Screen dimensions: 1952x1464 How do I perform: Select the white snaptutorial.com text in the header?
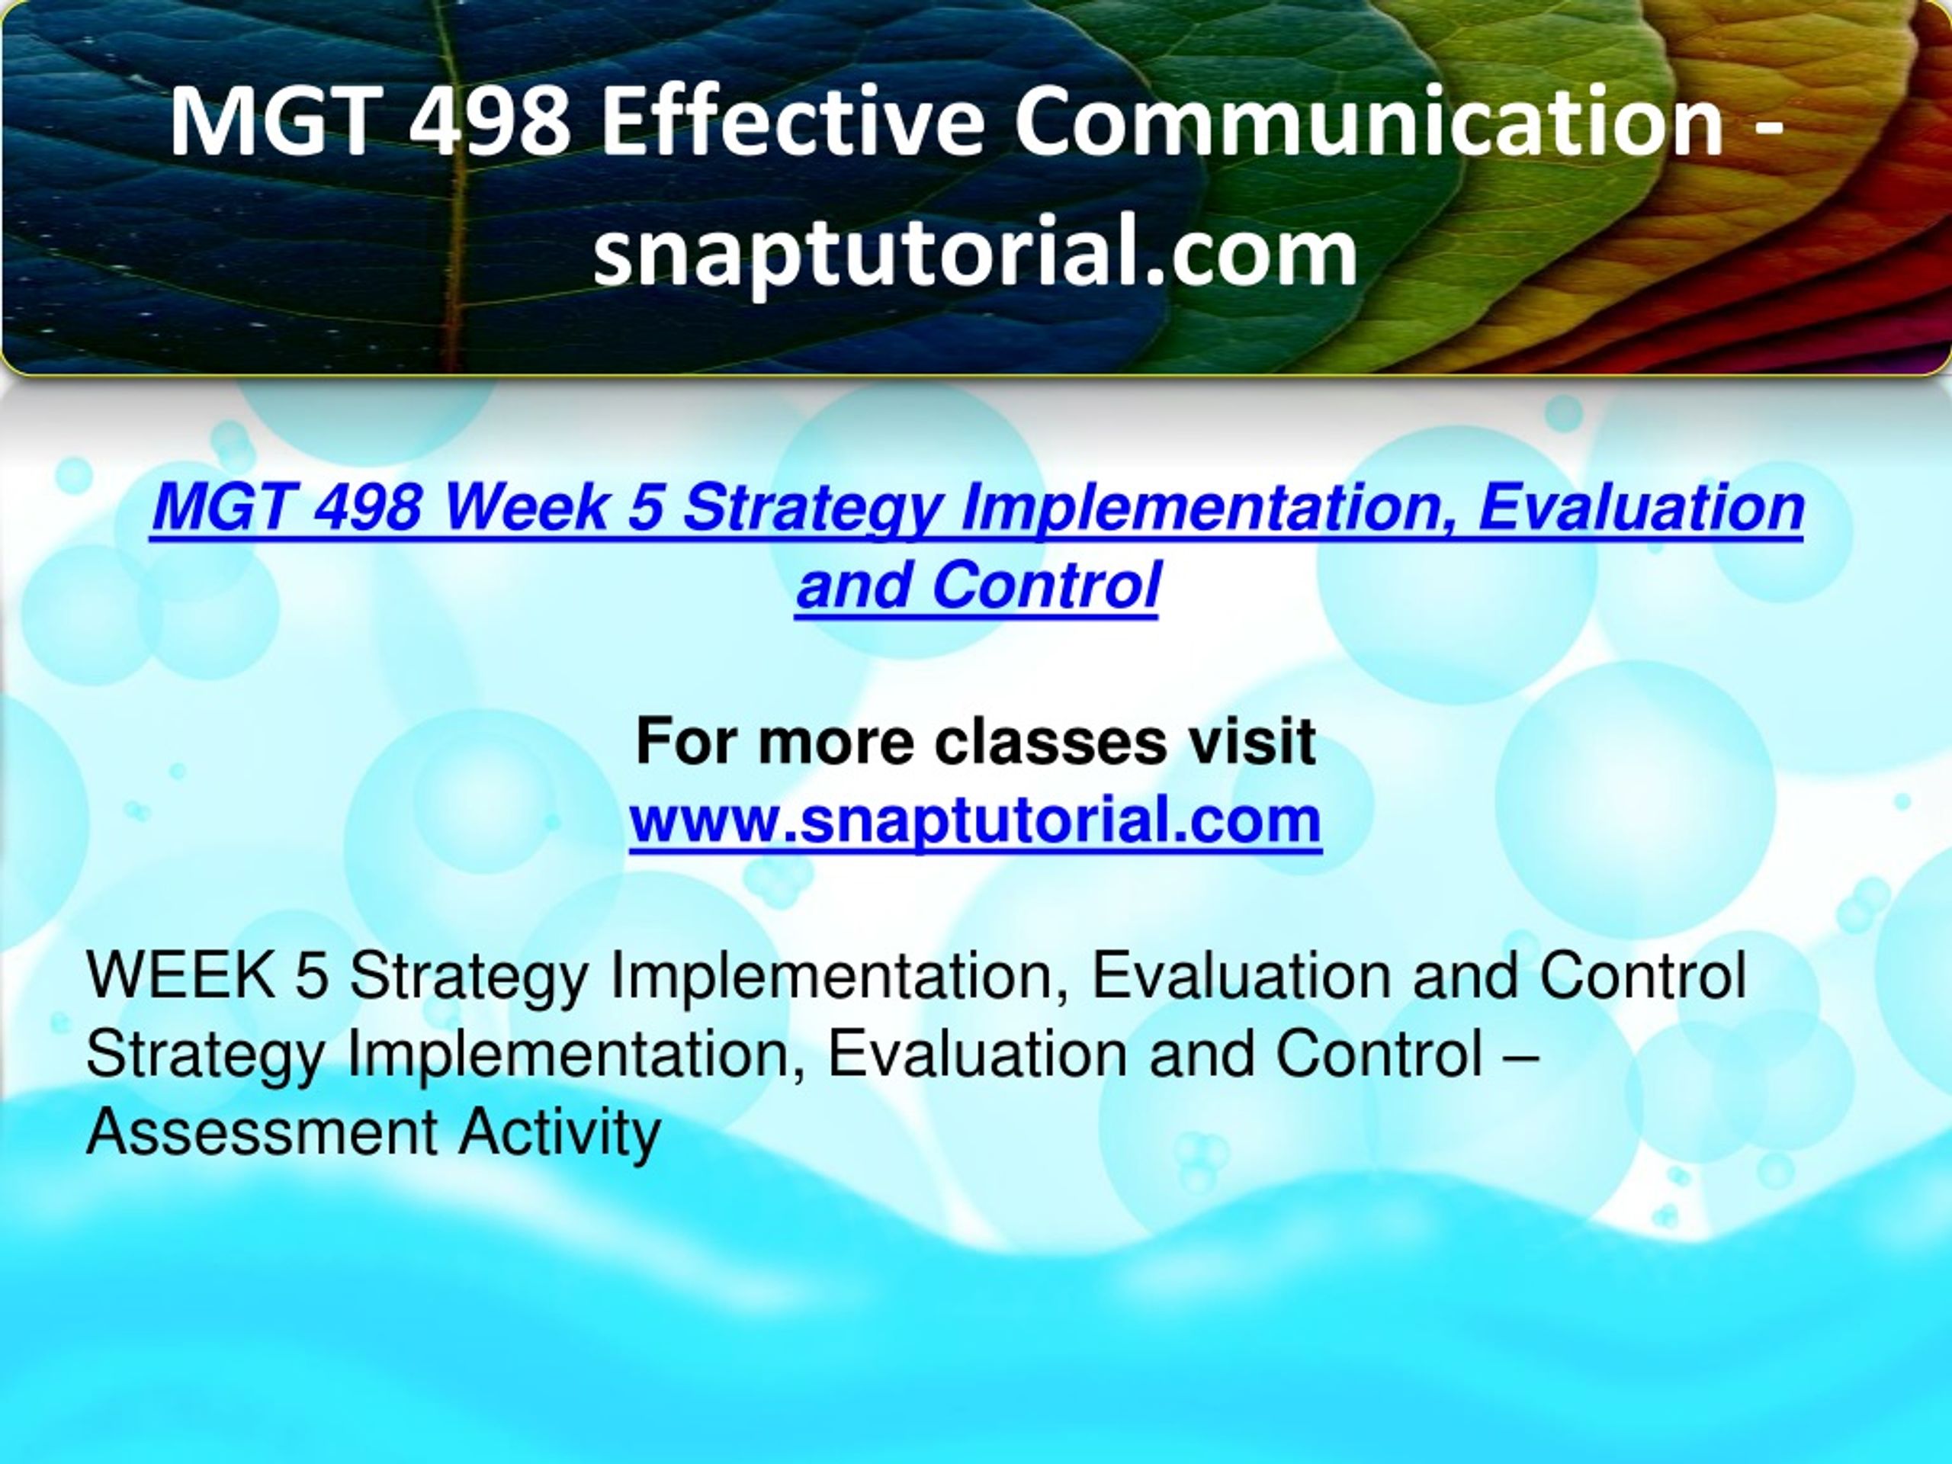click(975, 253)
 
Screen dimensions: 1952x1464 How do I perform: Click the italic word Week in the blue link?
click(526, 509)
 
